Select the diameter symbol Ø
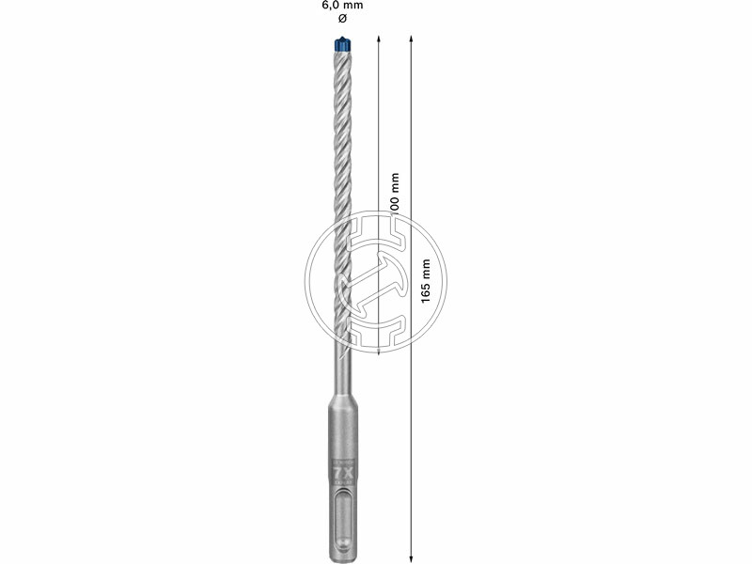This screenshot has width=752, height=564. (342, 19)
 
